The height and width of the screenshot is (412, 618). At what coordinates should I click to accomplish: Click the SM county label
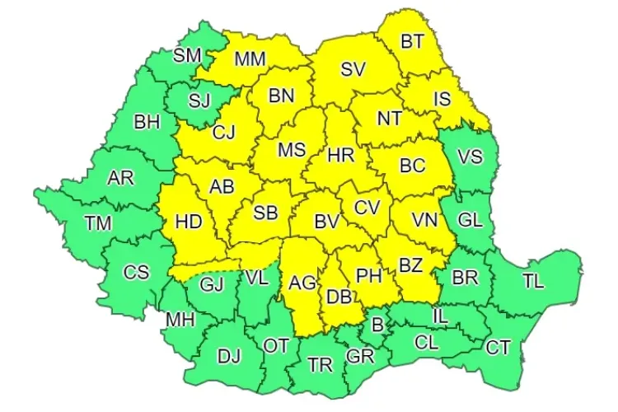187,56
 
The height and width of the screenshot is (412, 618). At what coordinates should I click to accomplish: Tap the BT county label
411,40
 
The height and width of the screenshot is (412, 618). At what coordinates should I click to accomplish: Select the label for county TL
533,280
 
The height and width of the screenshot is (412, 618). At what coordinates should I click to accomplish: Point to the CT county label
498,347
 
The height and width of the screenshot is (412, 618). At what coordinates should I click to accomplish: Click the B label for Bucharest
377,325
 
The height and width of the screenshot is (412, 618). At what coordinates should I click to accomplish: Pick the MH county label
180,320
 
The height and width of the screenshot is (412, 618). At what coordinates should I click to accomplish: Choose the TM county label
100,222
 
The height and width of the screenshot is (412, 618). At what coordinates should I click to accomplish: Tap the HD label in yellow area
189,221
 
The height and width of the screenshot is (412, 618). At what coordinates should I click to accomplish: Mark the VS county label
470,157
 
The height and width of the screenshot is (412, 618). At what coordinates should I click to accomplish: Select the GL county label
470,220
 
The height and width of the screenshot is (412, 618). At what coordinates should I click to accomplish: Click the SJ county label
200,101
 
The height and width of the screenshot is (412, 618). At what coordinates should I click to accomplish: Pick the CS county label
137,271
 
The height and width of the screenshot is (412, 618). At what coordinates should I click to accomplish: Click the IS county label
442,99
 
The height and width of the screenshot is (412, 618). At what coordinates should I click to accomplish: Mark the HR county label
340,154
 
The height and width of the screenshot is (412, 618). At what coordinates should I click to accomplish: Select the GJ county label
212,285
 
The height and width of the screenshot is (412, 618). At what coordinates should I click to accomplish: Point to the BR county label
465,277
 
